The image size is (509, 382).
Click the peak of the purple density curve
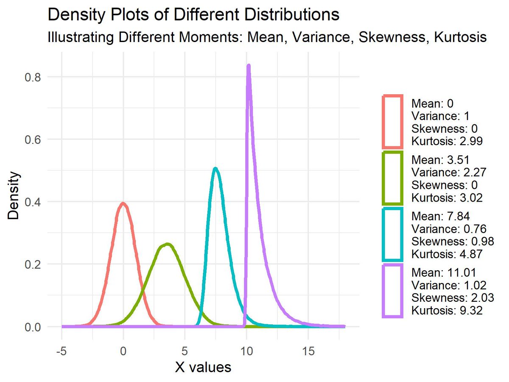coord(249,66)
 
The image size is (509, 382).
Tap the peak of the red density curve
coord(123,203)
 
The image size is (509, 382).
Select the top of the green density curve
coord(167,244)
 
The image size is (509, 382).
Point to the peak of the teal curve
coord(215,169)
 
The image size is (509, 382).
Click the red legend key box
coord(392,122)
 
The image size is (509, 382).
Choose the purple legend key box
coord(392,290)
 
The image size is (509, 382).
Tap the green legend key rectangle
coord(392,178)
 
